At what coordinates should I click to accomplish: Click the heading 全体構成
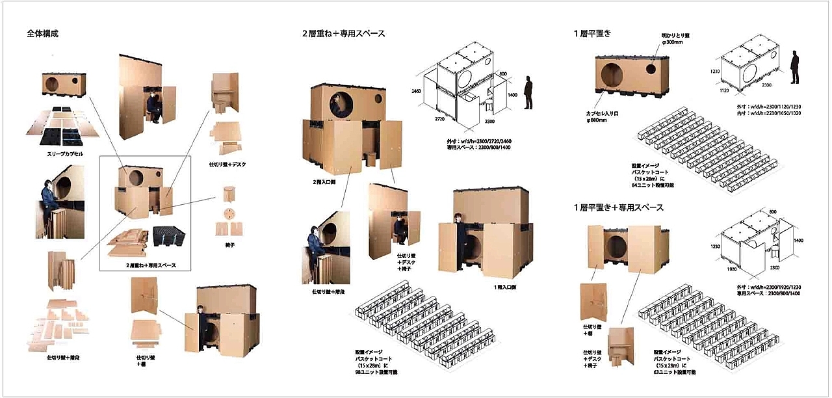click(43, 33)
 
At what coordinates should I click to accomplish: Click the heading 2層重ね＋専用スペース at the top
click(343, 33)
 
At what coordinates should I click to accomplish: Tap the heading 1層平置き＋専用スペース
click(618, 207)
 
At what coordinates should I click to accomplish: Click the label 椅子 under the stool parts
click(228, 245)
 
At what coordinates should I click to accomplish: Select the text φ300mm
click(672, 42)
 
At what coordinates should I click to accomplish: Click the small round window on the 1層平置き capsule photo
click(649, 68)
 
